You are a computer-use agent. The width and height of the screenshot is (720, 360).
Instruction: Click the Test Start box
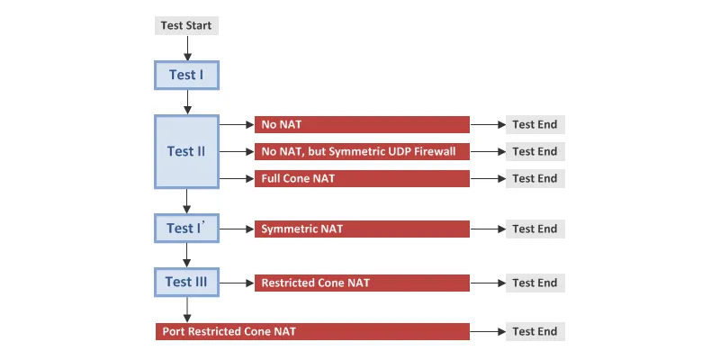186,25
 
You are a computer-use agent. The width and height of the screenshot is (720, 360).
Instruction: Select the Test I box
186,75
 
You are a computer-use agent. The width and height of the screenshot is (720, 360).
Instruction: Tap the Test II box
186,151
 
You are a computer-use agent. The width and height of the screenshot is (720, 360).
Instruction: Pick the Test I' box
186,229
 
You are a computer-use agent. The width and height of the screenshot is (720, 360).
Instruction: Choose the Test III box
186,282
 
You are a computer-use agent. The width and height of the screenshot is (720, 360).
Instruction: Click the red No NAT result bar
362,124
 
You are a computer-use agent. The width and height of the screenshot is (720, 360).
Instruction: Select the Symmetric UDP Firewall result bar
362,151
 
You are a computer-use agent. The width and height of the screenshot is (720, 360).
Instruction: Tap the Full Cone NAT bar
362,178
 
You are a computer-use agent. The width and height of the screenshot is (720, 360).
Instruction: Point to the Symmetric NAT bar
362,229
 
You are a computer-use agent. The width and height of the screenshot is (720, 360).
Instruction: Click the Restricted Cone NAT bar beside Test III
362,283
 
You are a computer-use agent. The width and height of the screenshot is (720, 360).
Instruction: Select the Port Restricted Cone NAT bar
312,331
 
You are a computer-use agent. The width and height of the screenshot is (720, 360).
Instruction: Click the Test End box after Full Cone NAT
535,178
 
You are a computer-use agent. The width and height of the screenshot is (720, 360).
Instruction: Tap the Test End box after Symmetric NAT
535,229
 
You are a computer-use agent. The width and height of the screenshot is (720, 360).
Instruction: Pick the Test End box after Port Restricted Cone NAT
535,331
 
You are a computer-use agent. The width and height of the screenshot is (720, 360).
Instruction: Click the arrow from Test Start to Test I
187,48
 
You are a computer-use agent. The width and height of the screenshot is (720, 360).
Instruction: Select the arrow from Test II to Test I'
186,201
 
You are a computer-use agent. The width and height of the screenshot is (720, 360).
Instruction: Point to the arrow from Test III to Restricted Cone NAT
237,283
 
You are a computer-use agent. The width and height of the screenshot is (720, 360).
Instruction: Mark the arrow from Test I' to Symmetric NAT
237,229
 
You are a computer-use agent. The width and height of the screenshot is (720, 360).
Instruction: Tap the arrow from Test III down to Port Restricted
186,310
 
